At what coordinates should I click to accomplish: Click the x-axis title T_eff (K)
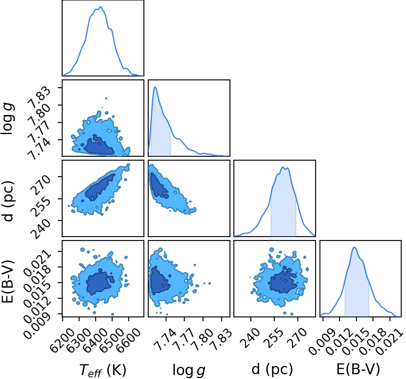pos(103,370)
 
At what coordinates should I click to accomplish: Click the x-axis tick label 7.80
pos(202,339)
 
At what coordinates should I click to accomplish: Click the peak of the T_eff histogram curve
pos(100,7)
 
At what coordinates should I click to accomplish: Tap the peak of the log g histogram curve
pos(155,87)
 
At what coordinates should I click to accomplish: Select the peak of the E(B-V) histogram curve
pos(354,247)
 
